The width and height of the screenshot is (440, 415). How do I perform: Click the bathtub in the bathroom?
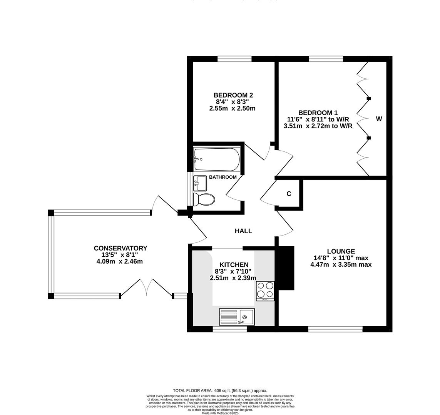(x=217, y=159)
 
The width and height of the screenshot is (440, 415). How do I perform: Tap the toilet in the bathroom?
(x=204, y=199)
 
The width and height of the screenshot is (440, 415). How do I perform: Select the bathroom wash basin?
(x=200, y=183)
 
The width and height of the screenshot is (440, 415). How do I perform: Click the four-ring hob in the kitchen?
(x=265, y=291)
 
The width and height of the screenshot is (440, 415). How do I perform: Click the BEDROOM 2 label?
(x=233, y=95)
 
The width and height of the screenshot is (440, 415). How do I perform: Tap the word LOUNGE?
(x=341, y=251)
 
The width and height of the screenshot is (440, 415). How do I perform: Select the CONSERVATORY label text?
(x=120, y=248)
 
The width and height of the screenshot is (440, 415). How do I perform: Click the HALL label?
(x=243, y=231)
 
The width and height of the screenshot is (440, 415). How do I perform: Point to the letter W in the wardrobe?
(x=379, y=119)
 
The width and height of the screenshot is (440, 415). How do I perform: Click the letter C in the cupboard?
(x=289, y=194)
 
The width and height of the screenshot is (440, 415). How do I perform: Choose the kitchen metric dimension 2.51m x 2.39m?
(x=233, y=278)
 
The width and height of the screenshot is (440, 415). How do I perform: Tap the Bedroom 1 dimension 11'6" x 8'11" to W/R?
(x=318, y=119)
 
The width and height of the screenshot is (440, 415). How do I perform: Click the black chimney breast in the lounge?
(x=286, y=268)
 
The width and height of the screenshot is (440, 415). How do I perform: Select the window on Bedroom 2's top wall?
(x=234, y=59)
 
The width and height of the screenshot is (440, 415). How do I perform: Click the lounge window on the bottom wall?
(x=335, y=329)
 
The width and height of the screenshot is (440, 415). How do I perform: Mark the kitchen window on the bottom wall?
(x=229, y=329)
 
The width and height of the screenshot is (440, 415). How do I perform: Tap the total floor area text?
(x=220, y=390)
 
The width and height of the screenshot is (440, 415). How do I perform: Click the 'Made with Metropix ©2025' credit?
(x=220, y=413)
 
